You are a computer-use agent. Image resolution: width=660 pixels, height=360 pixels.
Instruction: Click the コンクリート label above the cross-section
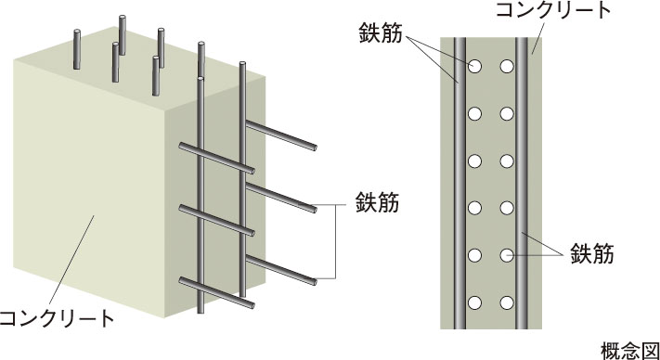pyautogui.click(x=553, y=10)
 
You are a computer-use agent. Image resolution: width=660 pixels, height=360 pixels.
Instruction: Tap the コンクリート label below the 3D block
pyautogui.click(x=58, y=319)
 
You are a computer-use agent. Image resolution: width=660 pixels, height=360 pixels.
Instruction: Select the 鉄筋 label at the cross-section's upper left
pyautogui.click(x=381, y=32)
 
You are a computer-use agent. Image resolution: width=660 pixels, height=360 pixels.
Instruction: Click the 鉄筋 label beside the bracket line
pyautogui.click(x=377, y=202)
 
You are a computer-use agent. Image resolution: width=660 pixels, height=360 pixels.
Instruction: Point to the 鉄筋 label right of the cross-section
pyautogui.click(x=592, y=253)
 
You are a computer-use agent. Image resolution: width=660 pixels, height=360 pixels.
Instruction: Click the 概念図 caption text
pyautogui.click(x=630, y=351)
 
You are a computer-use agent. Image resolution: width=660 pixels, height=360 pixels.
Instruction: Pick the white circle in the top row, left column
pyautogui.click(x=474, y=67)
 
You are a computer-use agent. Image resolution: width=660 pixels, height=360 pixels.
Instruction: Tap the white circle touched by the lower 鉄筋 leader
pyautogui.click(x=507, y=255)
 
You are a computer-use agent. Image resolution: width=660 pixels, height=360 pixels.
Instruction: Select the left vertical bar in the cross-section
pyautogui.click(x=459, y=184)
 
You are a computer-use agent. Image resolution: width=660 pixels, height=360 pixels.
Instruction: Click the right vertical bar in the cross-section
pyautogui.click(x=522, y=184)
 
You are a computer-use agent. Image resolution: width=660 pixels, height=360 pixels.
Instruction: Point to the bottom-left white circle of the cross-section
pyautogui.click(x=474, y=302)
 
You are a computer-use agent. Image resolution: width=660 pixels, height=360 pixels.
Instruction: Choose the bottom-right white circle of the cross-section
pyautogui.click(x=507, y=302)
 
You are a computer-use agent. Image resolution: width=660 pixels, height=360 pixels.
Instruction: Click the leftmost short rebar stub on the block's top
pyautogui.click(x=77, y=49)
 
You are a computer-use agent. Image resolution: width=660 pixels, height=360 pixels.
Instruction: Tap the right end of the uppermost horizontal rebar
pyautogui.click(x=315, y=148)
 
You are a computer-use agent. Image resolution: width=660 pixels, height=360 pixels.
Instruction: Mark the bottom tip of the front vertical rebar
pyautogui.click(x=201, y=312)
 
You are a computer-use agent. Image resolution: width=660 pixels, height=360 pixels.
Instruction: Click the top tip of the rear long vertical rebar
pyautogui.click(x=242, y=63)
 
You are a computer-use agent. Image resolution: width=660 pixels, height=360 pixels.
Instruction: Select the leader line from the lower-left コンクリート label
pyautogui.click(x=71, y=261)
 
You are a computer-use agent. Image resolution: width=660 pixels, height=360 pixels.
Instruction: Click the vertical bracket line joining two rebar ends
pyautogui.click(x=335, y=242)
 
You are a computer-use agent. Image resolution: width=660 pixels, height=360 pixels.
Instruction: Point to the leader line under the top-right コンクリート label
pyautogui.click(x=537, y=38)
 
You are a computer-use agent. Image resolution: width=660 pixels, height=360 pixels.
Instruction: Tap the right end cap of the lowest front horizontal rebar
pyautogui.click(x=252, y=305)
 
